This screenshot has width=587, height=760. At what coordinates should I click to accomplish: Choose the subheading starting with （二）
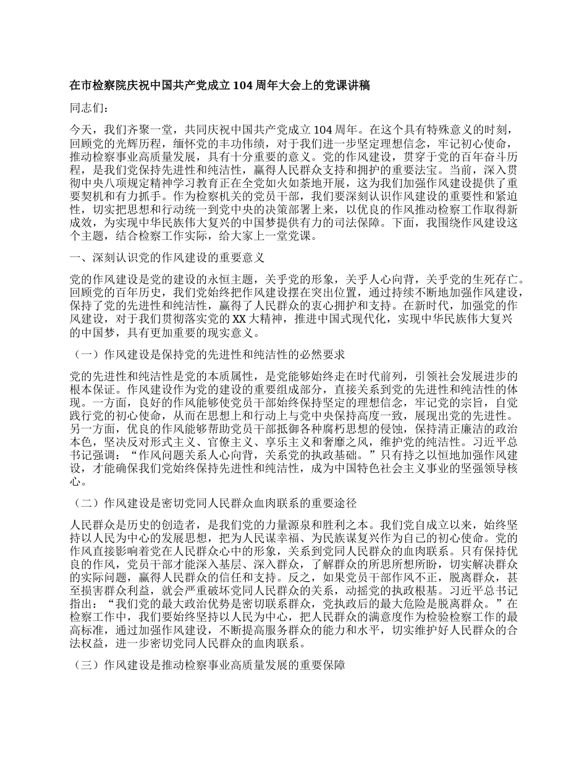pos(214,504)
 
